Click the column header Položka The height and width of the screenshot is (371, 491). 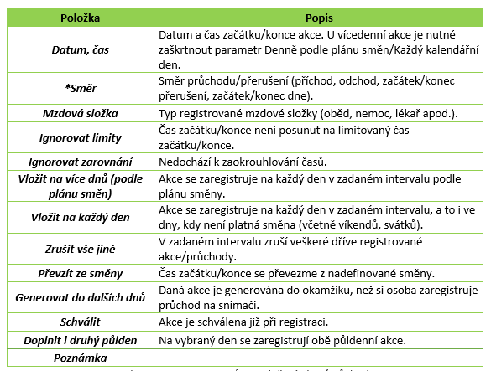[x=81, y=17]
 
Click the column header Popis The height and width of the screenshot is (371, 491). [x=316, y=17]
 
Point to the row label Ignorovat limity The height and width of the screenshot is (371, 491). [x=81, y=137]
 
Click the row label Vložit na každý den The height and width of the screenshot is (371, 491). [x=81, y=218]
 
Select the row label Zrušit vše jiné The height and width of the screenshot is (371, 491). [x=81, y=250]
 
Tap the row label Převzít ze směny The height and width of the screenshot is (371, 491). [x=81, y=274]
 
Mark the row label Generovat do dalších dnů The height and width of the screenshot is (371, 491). [x=81, y=297]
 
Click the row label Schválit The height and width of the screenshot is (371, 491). [x=81, y=322]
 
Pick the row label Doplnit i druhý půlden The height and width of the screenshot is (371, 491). [x=81, y=340]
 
